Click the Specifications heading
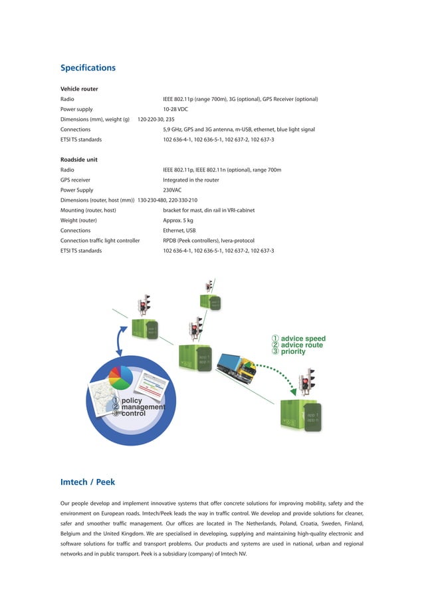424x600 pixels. coord(88,68)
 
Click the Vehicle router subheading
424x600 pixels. coord(79,88)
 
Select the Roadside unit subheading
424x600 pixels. coord(79,160)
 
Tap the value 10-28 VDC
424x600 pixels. coord(175,109)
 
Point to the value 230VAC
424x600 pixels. coord(172,190)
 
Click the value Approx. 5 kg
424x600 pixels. coord(178,220)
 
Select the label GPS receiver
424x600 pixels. coord(75,180)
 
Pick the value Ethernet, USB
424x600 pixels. coord(179,230)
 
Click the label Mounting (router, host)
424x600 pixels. coord(88,210)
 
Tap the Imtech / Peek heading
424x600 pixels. coord(88,482)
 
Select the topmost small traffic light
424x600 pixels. coord(210,286)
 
